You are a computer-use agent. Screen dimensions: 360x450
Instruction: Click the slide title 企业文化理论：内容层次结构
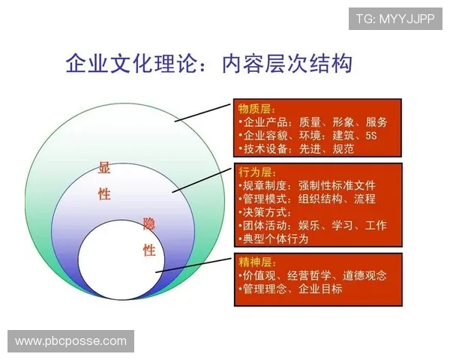coord(208,63)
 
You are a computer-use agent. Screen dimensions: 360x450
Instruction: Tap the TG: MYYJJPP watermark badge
coord(395,18)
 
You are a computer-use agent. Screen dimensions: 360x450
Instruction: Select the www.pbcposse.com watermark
coord(71,341)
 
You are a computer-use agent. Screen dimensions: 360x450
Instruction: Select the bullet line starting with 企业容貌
coord(307,136)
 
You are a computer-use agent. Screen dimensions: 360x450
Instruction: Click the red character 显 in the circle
coord(104,168)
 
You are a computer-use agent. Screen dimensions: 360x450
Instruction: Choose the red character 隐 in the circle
coord(149,223)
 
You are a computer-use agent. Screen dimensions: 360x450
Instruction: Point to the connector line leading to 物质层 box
coord(203,112)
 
